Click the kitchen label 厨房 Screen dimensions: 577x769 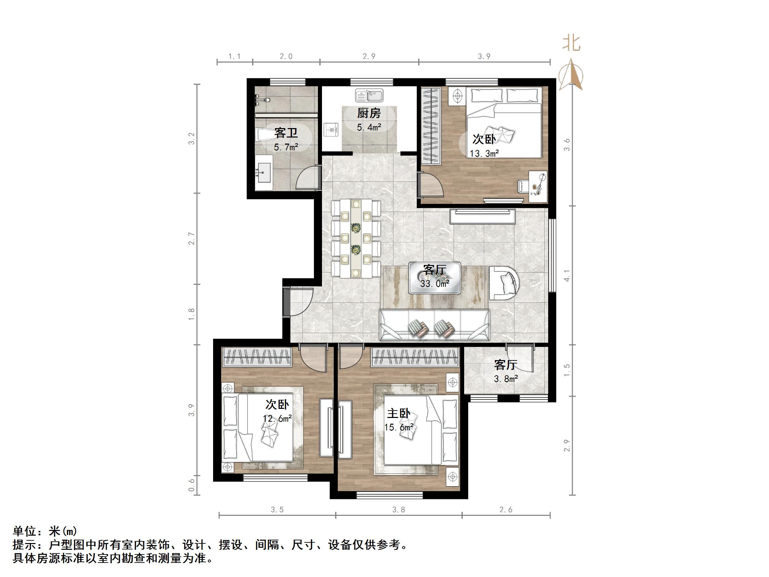(x=369, y=113)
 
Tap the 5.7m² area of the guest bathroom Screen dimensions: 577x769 (x=286, y=147)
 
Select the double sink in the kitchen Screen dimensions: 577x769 (x=369, y=95)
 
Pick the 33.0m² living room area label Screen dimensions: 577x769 (x=435, y=284)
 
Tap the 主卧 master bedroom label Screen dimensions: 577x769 (x=399, y=414)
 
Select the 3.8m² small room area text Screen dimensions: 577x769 (x=506, y=379)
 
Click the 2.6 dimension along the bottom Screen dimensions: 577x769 (x=506, y=509)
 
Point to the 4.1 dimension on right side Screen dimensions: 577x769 (x=567, y=275)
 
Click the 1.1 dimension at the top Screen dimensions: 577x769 (x=234, y=56)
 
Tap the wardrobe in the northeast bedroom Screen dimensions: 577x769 (x=431, y=126)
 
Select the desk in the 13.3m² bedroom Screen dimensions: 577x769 (x=538, y=186)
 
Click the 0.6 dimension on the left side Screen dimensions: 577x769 (x=192, y=485)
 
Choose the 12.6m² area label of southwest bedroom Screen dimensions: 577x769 (x=277, y=418)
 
